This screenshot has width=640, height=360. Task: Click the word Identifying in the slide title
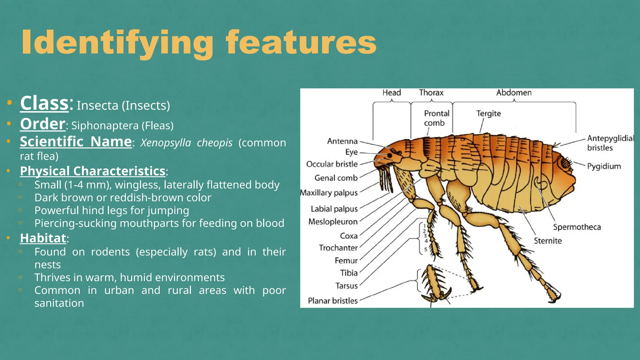click(117, 43)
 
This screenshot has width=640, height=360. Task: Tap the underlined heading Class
click(44, 103)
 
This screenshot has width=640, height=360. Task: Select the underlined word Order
click(43, 124)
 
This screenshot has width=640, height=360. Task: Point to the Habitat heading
click(43, 238)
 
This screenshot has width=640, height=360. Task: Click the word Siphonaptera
click(105, 126)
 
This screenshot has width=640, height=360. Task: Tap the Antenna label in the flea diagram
click(342, 141)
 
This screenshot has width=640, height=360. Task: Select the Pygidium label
click(604, 166)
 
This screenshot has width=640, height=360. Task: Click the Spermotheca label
click(577, 227)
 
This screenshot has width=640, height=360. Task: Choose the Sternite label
click(547, 241)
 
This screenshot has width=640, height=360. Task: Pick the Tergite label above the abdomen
click(488, 113)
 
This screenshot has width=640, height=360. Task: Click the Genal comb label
click(336, 178)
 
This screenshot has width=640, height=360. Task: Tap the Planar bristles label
click(332, 301)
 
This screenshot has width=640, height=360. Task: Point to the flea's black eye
click(389, 155)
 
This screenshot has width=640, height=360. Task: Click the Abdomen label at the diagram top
click(514, 92)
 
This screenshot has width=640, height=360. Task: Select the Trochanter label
click(338, 248)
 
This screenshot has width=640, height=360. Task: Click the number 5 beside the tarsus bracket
click(426, 249)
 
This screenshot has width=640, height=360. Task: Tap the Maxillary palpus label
click(329, 193)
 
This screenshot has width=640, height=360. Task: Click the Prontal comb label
click(437, 118)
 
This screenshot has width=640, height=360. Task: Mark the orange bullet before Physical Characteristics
click(9, 171)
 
